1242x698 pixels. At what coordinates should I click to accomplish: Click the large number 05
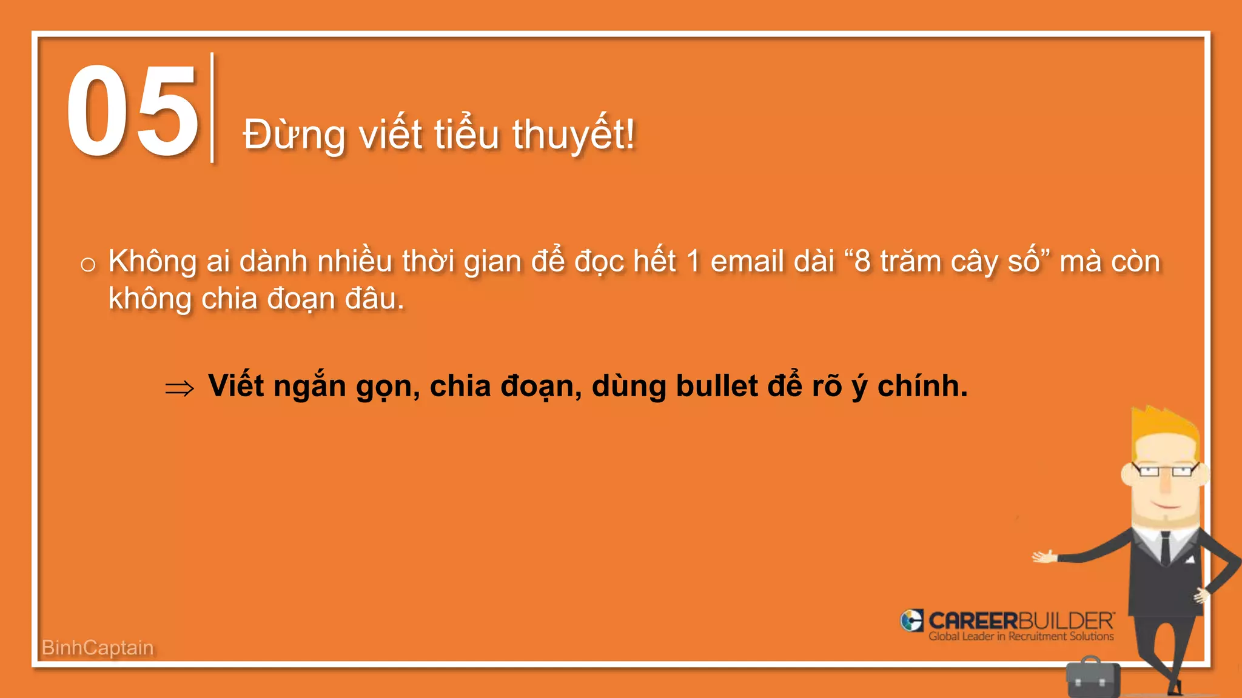pos(132,110)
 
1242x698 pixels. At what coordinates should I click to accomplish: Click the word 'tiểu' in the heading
pos(466,134)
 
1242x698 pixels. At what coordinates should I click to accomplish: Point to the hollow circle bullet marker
pos(88,265)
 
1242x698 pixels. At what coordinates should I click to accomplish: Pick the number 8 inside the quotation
pos(862,262)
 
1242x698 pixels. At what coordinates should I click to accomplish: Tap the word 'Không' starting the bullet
pos(152,262)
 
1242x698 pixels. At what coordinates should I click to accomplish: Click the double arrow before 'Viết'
pos(180,388)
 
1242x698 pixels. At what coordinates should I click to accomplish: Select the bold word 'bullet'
pos(716,386)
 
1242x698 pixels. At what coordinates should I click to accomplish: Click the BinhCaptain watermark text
pos(98,648)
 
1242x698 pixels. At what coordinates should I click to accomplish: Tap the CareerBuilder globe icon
pos(911,620)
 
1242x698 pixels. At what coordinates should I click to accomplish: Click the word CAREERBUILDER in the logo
pos(1021,620)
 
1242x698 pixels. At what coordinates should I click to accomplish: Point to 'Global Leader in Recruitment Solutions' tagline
pos(1021,637)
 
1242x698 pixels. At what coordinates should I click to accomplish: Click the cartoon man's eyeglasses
pos(1164,470)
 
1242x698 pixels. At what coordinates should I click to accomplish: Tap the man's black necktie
pos(1166,548)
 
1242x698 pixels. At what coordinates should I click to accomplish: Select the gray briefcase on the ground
pos(1093,678)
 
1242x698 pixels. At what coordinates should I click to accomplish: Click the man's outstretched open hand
pos(1044,556)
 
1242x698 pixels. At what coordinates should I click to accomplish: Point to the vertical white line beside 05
pos(212,108)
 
